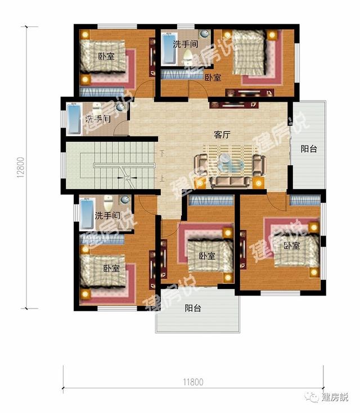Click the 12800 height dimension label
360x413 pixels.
coord(21,167)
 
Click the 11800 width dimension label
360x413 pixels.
coord(193,382)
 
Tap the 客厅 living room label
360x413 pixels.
coord(222,135)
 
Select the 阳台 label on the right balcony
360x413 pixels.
coord(309,149)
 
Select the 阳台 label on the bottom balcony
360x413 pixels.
coord(193,308)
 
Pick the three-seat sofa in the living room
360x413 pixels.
coord(230,183)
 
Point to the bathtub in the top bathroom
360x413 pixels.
coord(169,49)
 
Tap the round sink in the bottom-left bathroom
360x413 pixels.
coord(125,199)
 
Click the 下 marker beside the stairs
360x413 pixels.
coord(162,153)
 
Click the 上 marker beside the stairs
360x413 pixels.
coord(162,178)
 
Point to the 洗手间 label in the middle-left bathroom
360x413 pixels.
coord(98,119)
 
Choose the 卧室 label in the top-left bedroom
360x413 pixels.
coord(106,56)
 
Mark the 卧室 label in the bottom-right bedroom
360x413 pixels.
coord(292,246)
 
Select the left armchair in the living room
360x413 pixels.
coord(201,165)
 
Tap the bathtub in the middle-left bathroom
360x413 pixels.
coord(74,119)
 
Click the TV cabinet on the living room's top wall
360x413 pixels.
coord(234,105)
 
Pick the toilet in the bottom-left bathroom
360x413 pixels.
coord(108,202)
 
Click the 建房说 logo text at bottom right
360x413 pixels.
coord(335,397)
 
